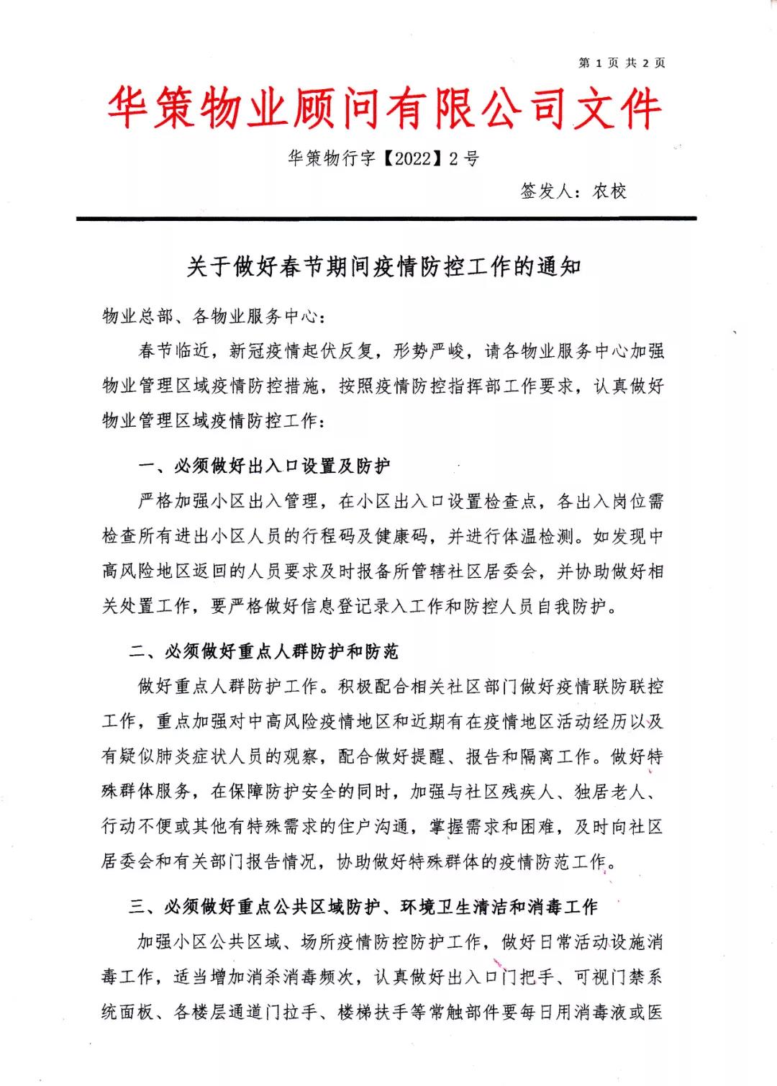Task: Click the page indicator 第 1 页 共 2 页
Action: point(622,63)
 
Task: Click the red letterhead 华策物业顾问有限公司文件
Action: point(384,110)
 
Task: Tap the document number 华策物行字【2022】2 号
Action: point(383,158)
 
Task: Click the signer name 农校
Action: point(609,191)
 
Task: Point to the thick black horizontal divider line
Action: point(386,218)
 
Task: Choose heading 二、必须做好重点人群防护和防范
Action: point(263,652)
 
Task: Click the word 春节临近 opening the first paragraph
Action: point(174,351)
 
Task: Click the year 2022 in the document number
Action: point(412,159)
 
